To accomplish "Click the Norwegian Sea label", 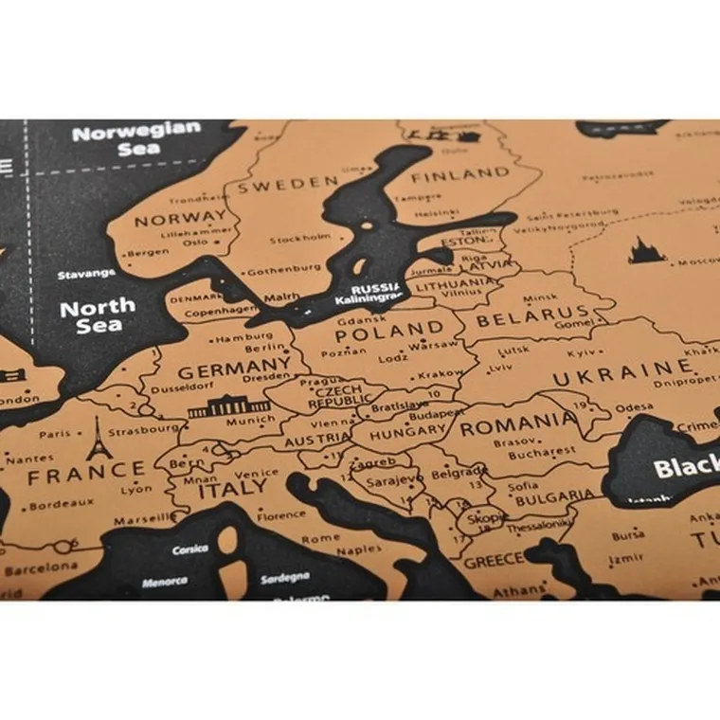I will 137,139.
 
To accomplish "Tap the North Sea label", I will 99,315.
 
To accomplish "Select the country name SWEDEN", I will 288,183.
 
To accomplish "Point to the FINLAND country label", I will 459,173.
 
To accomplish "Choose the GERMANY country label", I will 234,367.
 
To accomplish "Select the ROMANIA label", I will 518,423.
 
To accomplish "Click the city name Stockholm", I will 300,238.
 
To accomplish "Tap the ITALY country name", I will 233,489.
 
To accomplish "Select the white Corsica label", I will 190,549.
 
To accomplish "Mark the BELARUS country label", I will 531,317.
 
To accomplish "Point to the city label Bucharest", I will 542,454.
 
